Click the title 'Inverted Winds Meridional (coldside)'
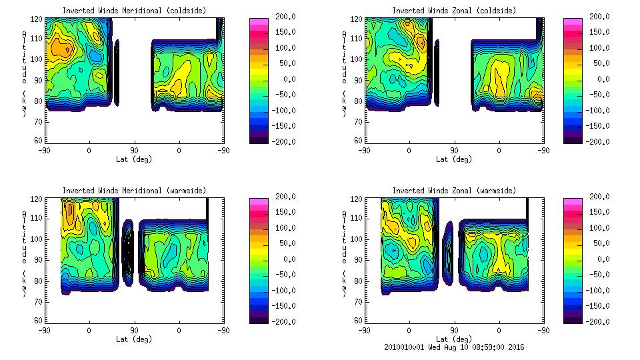[x=134, y=11]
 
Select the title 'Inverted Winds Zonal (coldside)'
[x=453, y=11]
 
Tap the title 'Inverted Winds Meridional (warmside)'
[x=134, y=191]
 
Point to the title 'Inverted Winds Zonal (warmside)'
[x=453, y=191]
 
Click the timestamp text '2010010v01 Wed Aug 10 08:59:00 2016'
[x=453, y=347]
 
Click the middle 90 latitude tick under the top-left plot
[x=134, y=150]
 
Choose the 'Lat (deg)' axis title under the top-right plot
[x=453, y=159]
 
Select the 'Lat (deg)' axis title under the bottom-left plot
[x=134, y=339]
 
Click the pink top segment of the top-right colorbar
[x=573, y=22]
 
